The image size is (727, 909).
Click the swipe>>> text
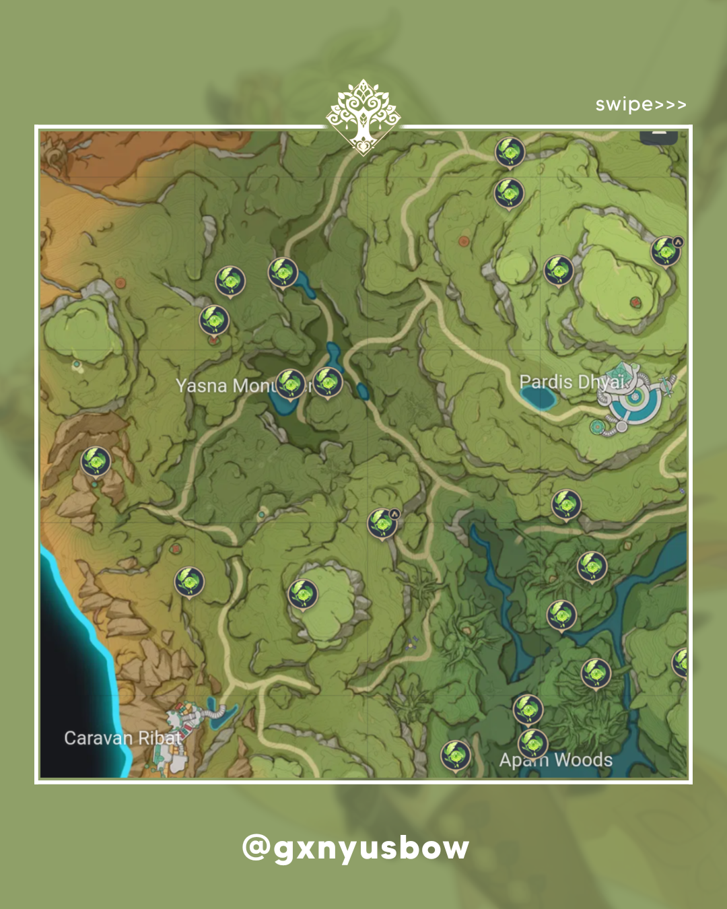640,105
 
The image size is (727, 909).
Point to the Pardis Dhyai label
572,382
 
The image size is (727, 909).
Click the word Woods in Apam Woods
583,760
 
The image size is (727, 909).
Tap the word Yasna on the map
201,386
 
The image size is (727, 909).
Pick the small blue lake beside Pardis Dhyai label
539,399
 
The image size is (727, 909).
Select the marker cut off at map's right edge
681,663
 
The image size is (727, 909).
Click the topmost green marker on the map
510,151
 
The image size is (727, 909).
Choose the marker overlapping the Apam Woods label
532,744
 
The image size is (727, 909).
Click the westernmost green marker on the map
96,461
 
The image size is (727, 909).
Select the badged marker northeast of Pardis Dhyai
666,251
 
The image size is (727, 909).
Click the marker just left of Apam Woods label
455,755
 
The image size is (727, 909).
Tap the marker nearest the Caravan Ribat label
189,581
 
